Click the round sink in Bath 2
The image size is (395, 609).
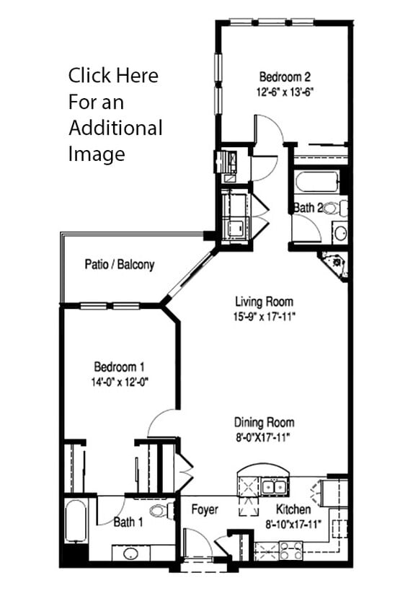pos(339,232)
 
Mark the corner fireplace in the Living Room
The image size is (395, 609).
pos(337,264)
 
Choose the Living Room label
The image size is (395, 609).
pos(265,302)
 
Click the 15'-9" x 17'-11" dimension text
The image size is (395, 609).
pos(265,316)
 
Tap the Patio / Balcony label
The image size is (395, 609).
pos(119,265)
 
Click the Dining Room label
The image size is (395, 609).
pos(264,422)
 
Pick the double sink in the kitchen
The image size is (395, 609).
pos(272,488)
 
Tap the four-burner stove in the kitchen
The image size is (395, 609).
pos(291,551)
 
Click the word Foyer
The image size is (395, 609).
pos(205,509)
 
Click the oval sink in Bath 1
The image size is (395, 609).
pos(130,554)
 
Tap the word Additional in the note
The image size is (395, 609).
pos(115,128)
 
